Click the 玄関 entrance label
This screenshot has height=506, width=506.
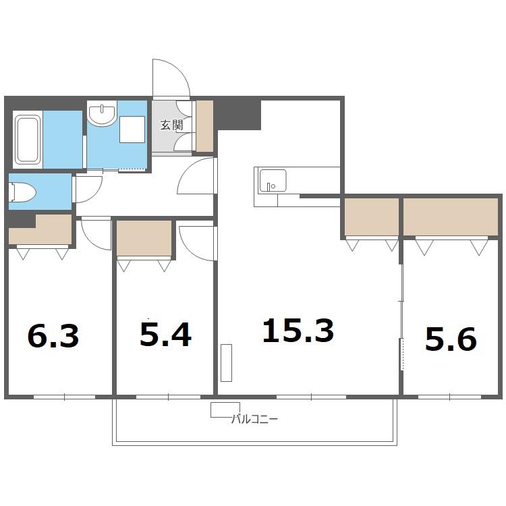coord(172,125)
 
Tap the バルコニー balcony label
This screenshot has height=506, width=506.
coord(254,419)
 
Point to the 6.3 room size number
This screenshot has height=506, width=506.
coord(53,335)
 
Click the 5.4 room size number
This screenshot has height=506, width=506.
coord(165,335)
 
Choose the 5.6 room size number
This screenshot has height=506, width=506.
coord(451,339)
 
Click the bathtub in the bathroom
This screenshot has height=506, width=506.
coord(28,140)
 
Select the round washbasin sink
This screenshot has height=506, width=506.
coord(103,113)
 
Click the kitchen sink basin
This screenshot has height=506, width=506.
coord(273,181)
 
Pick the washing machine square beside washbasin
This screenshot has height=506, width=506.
coord(132,130)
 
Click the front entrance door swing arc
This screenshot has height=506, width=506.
coord(180,73)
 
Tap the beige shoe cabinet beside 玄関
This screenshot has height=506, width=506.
coord(204,126)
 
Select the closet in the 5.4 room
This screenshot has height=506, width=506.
coord(144,238)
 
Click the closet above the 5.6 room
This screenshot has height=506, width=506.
coord(451,217)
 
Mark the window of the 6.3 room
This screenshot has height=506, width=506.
coord(64,397)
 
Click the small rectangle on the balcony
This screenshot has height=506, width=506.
coord(225,410)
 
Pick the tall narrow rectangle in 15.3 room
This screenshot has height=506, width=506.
coord(226,363)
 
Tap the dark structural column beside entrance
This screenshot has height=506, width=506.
coord(239,115)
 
